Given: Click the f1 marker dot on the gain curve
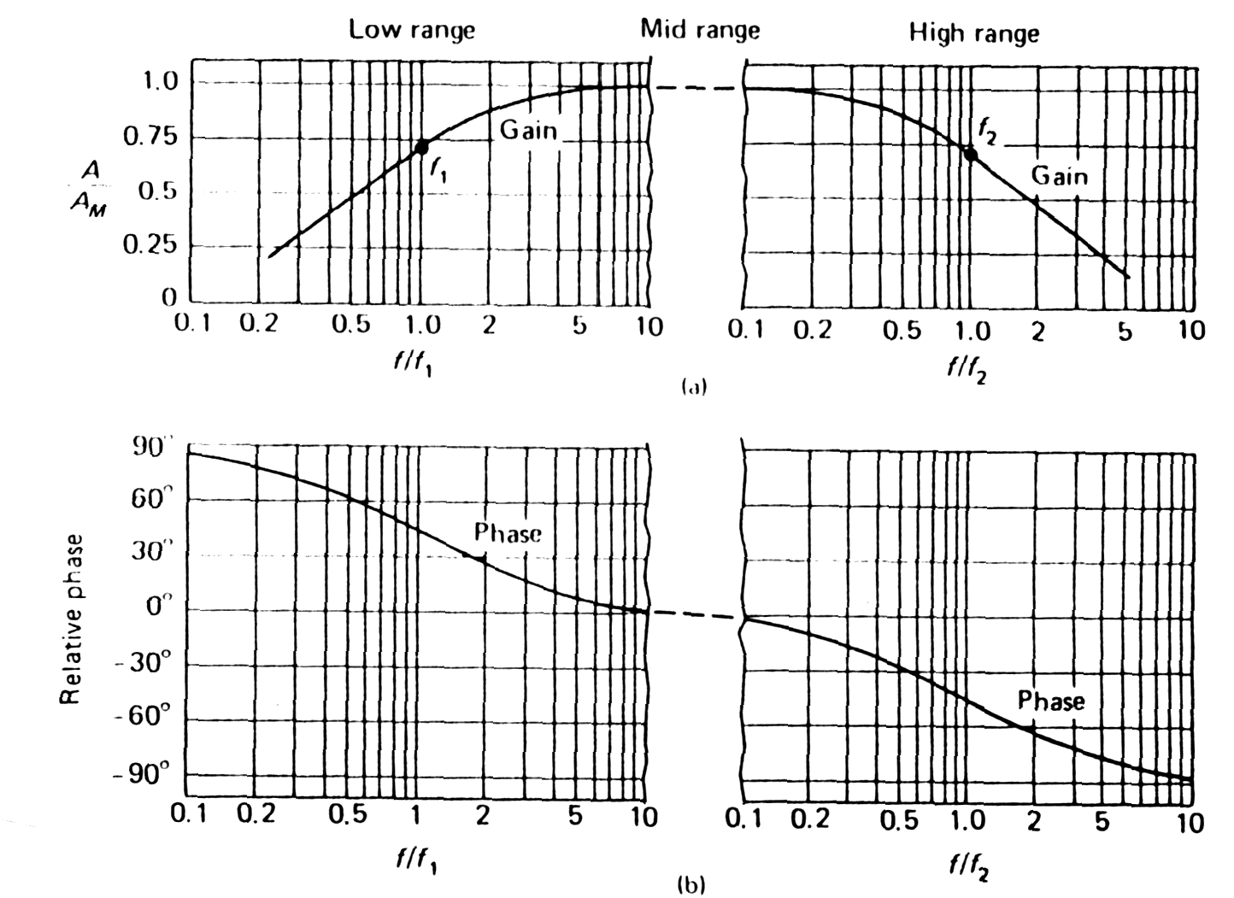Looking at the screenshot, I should coord(421,146).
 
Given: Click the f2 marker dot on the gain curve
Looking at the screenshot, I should coord(970,154).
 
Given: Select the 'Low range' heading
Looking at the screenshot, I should coord(411,30).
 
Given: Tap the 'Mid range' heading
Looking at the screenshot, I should coord(700,30).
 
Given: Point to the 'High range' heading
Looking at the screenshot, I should coord(973,33).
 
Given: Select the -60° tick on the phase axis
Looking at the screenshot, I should coord(150,718).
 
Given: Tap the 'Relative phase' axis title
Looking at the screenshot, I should coord(71,619).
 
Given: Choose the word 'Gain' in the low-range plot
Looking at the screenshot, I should coord(527,130).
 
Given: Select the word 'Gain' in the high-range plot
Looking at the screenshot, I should coord(1060,176).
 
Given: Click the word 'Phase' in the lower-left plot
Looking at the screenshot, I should coord(508,534).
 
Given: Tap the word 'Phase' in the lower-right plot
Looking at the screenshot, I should coord(1050,701).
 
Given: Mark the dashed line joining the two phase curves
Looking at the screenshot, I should coord(694,614).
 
